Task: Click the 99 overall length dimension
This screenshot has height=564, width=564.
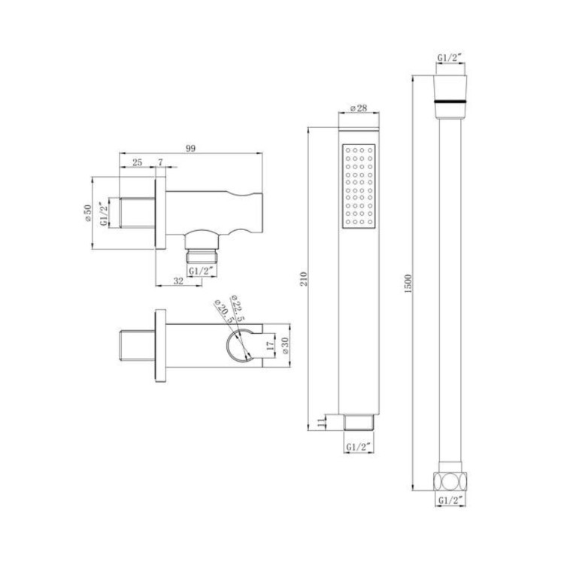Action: tap(190, 149)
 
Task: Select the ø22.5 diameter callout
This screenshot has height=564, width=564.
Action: tap(237, 308)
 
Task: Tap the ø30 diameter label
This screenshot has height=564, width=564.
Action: tap(285, 346)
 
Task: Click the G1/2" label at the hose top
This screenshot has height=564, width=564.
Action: tap(450, 57)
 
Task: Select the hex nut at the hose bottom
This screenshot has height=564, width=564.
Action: tap(450, 479)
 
